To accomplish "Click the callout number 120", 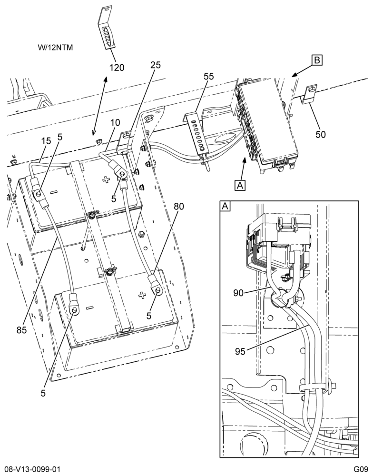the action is (x=117, y=68).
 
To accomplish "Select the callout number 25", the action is (x=156, y=65).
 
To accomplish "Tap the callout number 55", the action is (x=209, y=76).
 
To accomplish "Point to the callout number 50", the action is (x=321, y=134).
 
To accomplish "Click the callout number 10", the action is (x=115, y=122).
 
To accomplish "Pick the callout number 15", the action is (x=46, y=141).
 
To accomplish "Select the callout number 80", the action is (x=179, y=207).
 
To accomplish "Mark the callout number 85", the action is (x=22, y=329).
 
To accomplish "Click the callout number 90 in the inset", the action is (x=239, y=293).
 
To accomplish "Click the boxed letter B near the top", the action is (x=316, y=60).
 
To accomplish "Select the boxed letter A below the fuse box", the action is (x=240, y=185).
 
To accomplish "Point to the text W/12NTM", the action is (x=56, y=48).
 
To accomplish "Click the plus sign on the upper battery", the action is (x=106, y=180).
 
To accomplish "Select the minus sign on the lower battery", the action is (x=89, y=308).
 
